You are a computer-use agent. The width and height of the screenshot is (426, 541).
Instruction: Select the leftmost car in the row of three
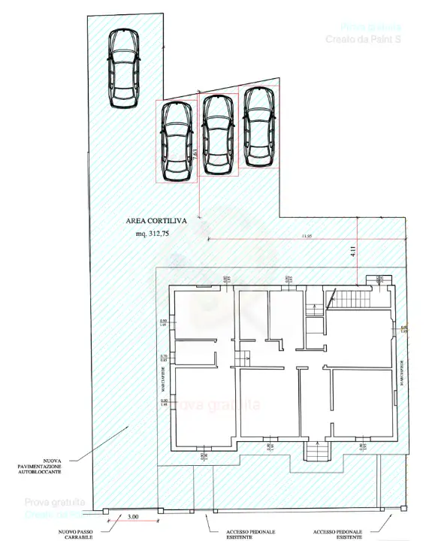[177, 141]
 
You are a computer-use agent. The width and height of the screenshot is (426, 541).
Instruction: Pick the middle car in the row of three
[218, 133]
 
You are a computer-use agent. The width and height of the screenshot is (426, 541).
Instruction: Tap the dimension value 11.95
[305, 236]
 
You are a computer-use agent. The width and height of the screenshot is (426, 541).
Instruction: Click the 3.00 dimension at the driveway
[132, 517]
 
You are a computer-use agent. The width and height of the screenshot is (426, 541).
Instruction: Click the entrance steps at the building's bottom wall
[316, 450]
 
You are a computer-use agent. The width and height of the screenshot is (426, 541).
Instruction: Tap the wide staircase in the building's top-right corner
[352, 299]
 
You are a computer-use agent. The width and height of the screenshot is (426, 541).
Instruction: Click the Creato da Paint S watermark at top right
[362, 38]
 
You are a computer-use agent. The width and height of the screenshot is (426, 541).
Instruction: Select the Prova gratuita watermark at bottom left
[55, 502]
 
